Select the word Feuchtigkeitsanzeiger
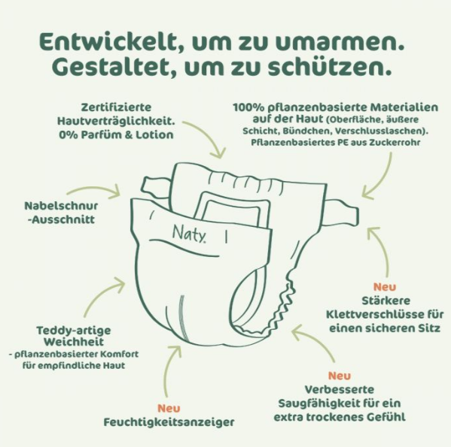tap(168, 421)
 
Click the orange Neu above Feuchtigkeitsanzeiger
tap(168, 407)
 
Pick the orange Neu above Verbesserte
tap(339, 375)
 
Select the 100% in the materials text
tap(248, 107)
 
